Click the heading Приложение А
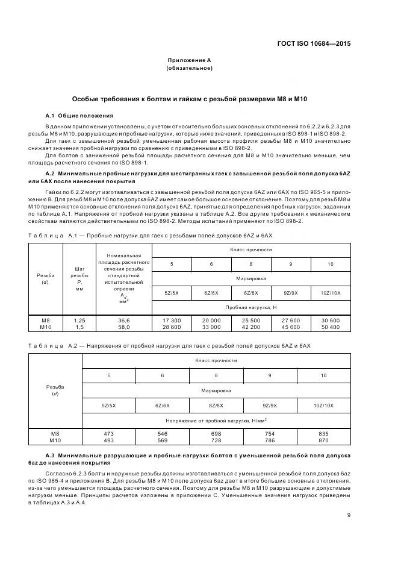(189, 60)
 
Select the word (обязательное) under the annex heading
(189, 68)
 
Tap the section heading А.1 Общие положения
(79, 115)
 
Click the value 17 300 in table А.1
(172, 320)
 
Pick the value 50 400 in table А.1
(331, 327)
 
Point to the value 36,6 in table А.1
(123, 320)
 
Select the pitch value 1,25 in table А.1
(79, 320)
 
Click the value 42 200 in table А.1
(251, 327)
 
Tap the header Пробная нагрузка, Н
(251, 307)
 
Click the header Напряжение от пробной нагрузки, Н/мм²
(216, 419)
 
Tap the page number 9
(349, 514)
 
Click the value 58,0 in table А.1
(123, 327)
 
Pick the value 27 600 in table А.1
(291, 320)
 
